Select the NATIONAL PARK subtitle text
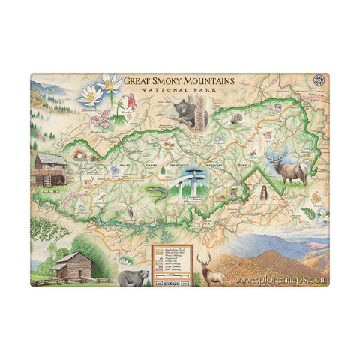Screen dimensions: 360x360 click(178, 92)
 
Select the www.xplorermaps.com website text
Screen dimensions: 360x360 click(280, 280)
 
